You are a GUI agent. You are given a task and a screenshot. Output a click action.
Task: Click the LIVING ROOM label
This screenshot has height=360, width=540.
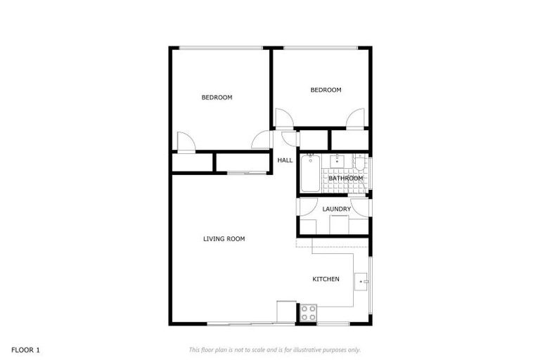coord(224,239)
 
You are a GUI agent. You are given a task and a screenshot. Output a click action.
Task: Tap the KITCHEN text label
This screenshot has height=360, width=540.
coord(326,279)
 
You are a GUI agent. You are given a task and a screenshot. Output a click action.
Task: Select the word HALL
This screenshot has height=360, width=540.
coord(285,160)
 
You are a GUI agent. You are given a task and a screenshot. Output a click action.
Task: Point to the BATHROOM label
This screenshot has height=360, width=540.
coord(346,179)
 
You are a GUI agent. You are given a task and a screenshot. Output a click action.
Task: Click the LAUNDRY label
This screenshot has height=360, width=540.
coord(336,210)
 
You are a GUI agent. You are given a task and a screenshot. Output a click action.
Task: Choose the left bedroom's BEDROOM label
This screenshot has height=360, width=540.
coord(217,98)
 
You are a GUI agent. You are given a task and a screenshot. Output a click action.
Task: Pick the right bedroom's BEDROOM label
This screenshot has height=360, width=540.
coord(326,90)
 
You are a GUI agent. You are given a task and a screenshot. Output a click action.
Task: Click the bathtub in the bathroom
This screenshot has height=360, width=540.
coord(309,173)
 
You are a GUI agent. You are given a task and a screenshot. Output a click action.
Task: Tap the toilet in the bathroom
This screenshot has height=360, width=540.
coord(359,165)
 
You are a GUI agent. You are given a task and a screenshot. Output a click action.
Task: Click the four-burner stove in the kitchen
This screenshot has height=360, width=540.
coord(309,312)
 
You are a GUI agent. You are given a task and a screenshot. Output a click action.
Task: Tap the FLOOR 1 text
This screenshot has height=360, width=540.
coord(26,349)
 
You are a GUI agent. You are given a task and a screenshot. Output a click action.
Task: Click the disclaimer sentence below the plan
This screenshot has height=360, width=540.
coord(274,349)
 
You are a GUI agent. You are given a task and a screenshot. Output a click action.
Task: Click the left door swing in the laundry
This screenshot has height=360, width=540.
coord(307,207)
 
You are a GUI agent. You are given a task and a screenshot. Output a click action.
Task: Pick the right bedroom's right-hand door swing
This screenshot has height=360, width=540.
coord(356,117)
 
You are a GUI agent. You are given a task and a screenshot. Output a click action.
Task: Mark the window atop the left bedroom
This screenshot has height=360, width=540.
coord(219,48)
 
